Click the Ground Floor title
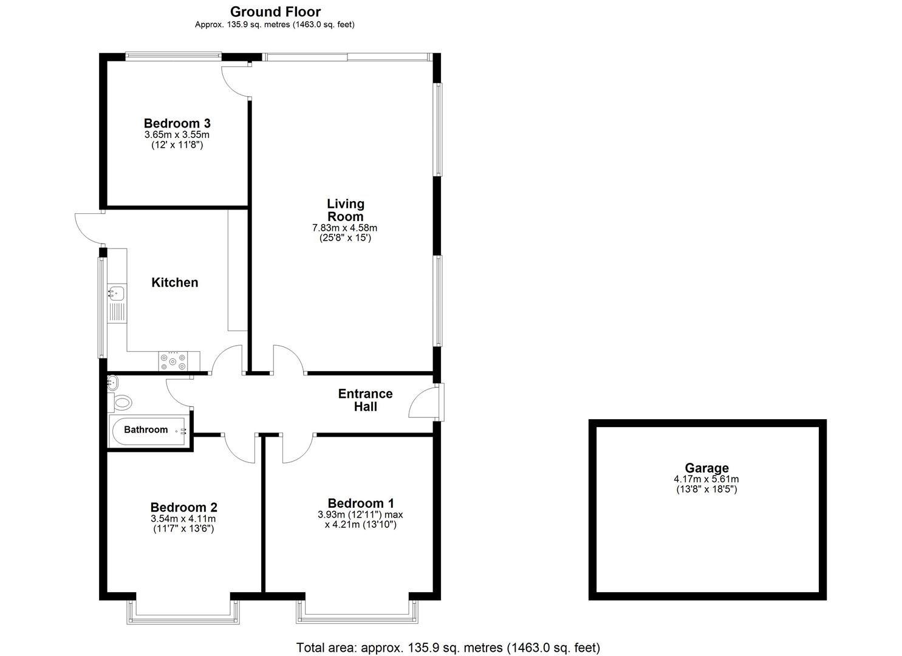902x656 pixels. click(275, 12)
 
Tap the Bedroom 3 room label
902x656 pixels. click(177, 123)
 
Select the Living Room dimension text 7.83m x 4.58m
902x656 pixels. click(344, 228)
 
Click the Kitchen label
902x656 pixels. click(175, 282)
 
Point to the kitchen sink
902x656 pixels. click(117, 293)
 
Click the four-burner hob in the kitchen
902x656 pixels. click(173, 361)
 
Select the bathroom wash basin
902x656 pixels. click(112, 382)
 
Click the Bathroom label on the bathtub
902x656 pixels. click(146, 429)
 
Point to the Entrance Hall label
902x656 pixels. click(365, 400)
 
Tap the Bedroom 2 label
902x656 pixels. click(184, 507)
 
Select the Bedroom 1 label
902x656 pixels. click(361, 503)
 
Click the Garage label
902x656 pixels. click(706, 468)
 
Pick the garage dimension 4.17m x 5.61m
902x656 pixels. click(706, 479)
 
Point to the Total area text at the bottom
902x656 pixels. click(448, 647)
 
